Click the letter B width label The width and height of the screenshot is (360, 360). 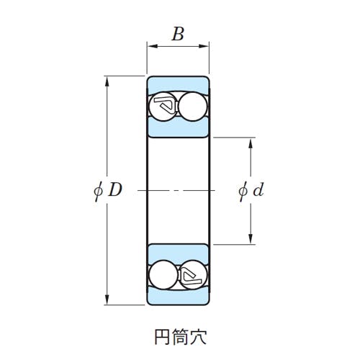178,34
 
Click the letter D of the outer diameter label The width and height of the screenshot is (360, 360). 115,189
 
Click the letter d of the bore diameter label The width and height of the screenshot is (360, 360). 258,190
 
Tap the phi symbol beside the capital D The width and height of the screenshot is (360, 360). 99,191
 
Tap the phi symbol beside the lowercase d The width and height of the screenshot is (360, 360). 243,192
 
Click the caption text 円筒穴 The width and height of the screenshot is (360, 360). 181,337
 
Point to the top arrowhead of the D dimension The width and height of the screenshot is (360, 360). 107,81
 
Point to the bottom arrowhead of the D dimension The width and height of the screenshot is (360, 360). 107,300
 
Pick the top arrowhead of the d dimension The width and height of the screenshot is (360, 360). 251,143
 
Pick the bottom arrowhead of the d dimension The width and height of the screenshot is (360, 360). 251,239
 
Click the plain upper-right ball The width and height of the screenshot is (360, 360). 193,107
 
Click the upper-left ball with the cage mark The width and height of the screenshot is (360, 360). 163,107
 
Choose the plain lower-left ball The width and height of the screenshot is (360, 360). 163,274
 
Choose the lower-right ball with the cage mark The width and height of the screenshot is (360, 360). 193,274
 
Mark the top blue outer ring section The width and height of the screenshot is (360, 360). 178,84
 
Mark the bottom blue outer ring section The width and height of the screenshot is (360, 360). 178,297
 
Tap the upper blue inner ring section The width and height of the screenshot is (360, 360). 178,127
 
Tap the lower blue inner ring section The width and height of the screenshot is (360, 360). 178,253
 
